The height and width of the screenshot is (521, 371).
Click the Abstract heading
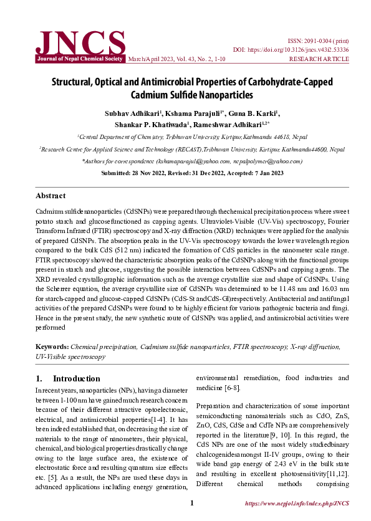pos(51,196)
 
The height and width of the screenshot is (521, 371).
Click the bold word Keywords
pos(52,346)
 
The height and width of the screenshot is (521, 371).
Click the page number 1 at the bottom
pos(192,503)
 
